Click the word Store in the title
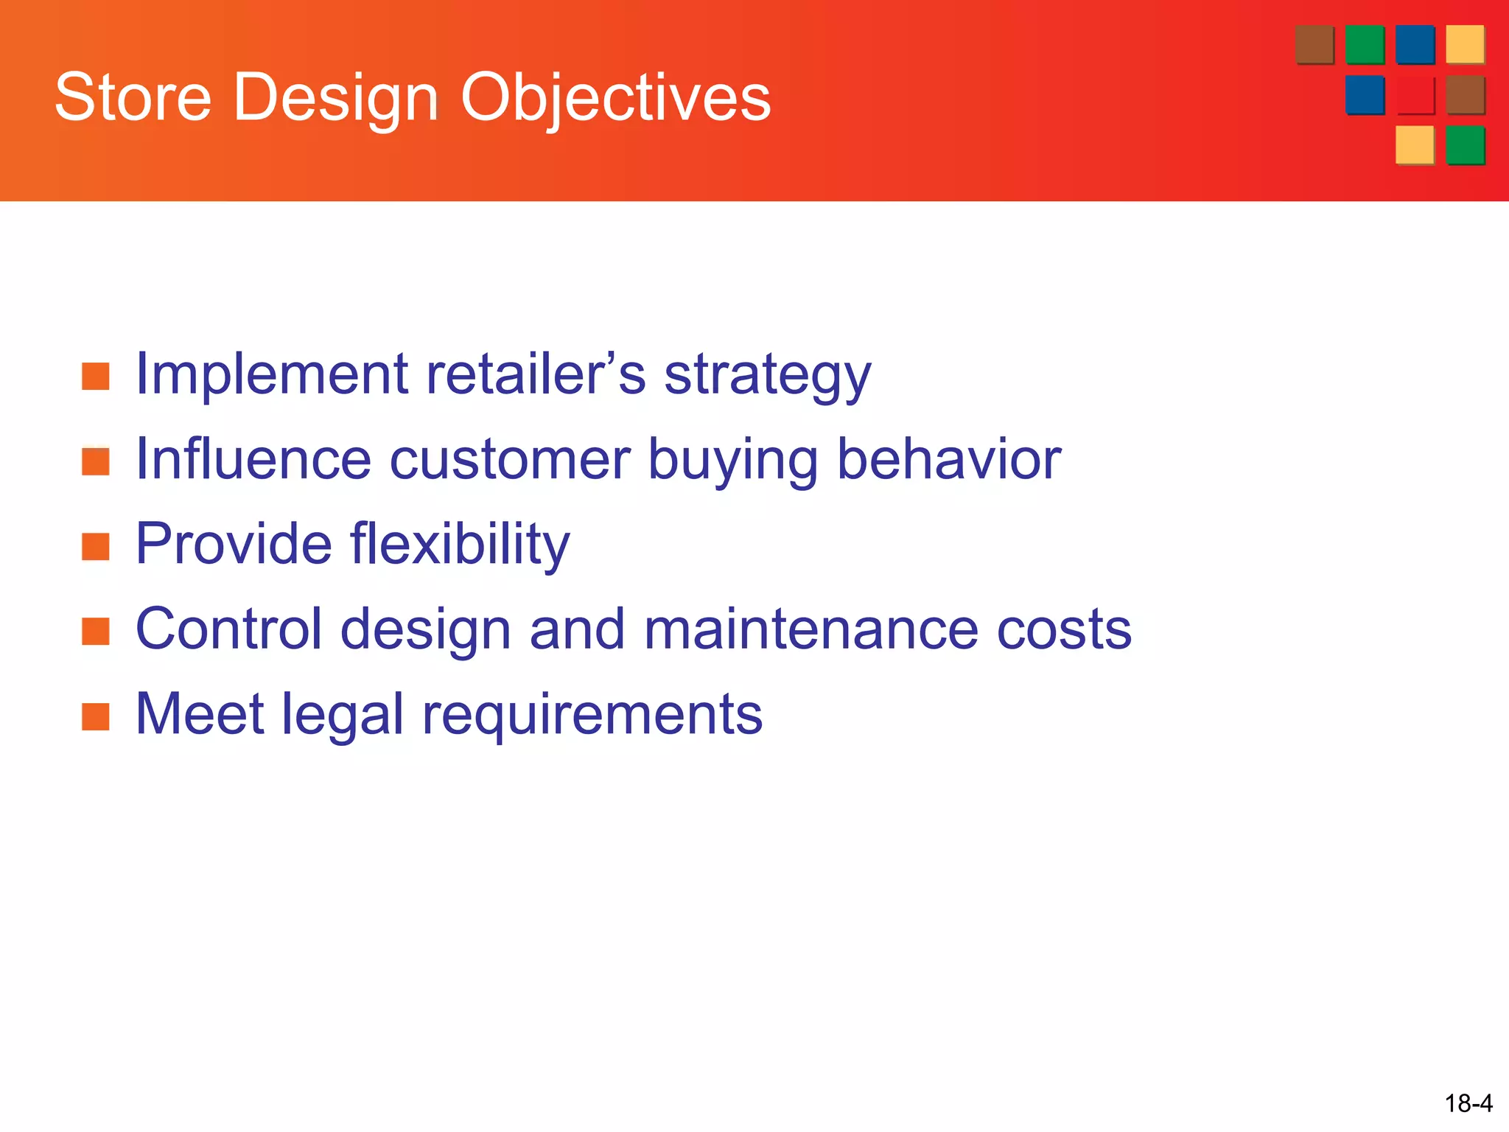(x=133, y=97)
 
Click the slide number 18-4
(x=1468, y=1103)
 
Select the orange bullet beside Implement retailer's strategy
(x=96, y=376)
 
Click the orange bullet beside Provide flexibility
(x=96, y=546)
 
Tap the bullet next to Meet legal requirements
(x=96, y=716)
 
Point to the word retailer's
(x=536, y=374)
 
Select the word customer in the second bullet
(x=509, y=460)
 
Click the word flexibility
(x=460, y=545)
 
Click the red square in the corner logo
(x=1415, y=95)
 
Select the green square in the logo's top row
(x=1365, y=45)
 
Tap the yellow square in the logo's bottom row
(x=1415, y=145)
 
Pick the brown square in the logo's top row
(x=1314, y=45)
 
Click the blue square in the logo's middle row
(x=1365, y=95)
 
